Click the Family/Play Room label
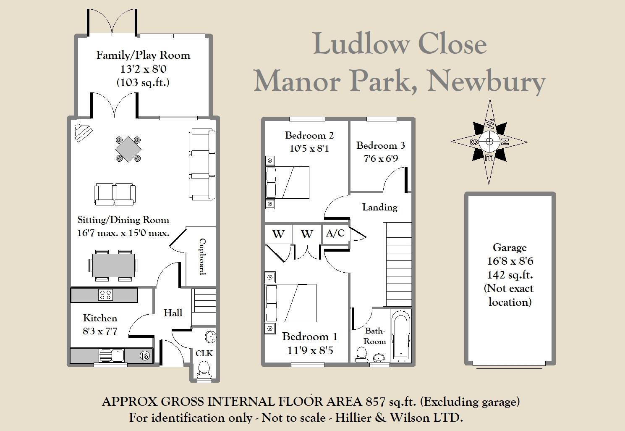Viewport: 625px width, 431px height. (143, 55)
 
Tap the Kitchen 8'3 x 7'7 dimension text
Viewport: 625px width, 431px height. (100, 331)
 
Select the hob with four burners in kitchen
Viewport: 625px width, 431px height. (105, 295)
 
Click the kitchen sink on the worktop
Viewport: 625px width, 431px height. (112, 355)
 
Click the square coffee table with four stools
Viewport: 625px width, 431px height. (128, 149)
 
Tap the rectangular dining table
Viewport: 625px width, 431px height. (113, 265)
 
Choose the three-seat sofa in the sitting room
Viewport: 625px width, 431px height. (202, 165)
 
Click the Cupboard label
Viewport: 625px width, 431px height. (203, 257)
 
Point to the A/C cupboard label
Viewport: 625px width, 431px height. (335, 233)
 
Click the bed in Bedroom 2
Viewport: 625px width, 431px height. (288, 182)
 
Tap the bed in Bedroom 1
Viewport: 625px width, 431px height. (291, 303)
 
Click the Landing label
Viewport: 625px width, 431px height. (380, 207)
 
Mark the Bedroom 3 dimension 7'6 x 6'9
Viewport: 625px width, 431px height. (381, 158)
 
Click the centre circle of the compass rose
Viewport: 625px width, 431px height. (489, 142)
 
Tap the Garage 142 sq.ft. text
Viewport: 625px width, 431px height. (510, 275)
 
